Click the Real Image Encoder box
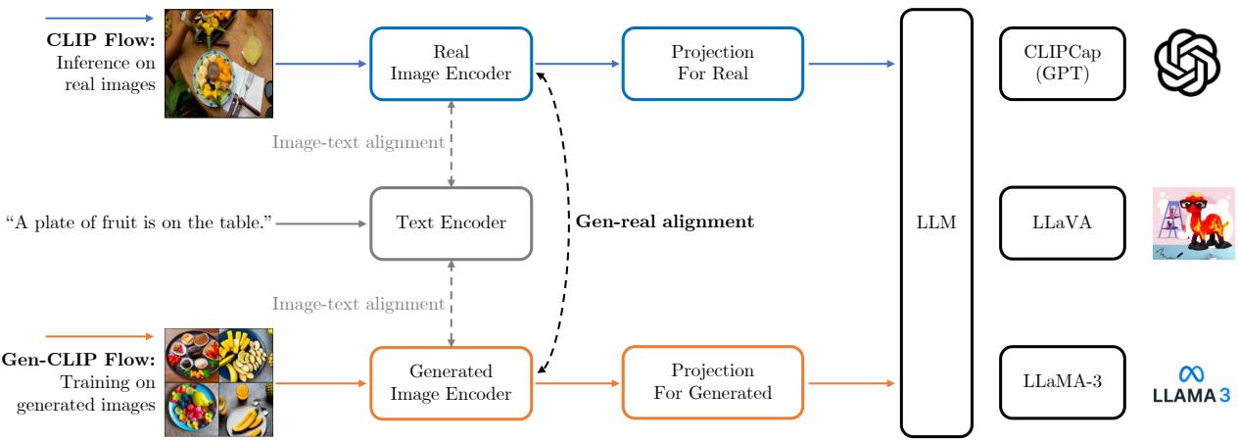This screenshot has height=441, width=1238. pyautogui.click(x=451, y=64)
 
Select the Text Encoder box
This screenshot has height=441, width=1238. pyautogui.click(x=451, y=223)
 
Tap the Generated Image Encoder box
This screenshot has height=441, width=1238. pyautogui.click(x=451, y=382)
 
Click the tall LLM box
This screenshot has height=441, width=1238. pyautogui.click(x=936, y=223)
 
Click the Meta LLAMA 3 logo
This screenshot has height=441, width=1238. pyautogui.click(x=1190, y=382)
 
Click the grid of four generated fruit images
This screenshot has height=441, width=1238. pyautogui.click(x=217, y=382)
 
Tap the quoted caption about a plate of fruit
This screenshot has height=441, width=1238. pyautogui.click(x=137, y=223)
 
